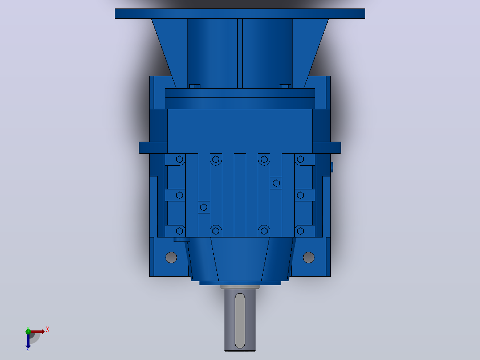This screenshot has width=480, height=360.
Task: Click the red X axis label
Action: click(x=48, y=330)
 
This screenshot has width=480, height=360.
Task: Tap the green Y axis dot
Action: click(x=28, y=331)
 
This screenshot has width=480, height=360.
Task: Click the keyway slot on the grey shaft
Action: click(x=240, y=321)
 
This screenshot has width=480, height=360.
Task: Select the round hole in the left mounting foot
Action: click(x=171, y=258)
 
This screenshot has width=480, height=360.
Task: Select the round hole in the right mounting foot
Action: click(x=309, y=258)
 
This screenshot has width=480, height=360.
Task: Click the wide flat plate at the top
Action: click(x=240, y=13)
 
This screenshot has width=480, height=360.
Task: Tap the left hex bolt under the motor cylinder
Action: click(x=195, y=86)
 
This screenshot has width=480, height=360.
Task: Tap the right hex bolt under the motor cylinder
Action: click(x=285, y=86)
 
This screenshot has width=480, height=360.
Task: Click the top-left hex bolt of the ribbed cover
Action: click(x=180, y=160)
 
